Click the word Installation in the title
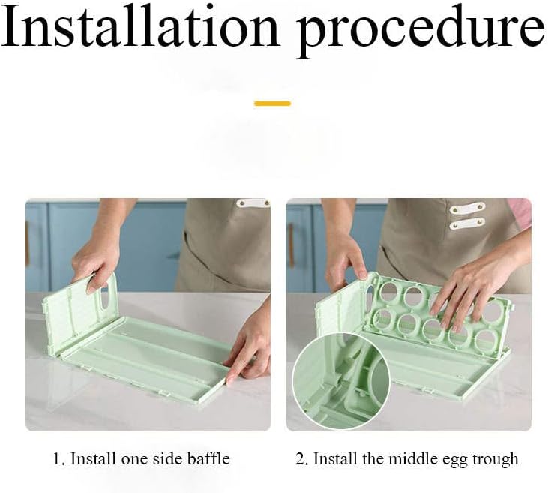click(140, 26)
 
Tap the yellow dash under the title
click(272, 104)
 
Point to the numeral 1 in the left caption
click(56, 458)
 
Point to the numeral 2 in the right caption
click(300, 458)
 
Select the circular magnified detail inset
click(341, 381)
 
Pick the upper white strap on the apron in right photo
click(467, 208)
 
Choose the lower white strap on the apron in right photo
click(467, 223)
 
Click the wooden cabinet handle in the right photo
click(291, 245)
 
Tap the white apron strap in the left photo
click(253, 203)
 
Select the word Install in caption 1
click(93, 458)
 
